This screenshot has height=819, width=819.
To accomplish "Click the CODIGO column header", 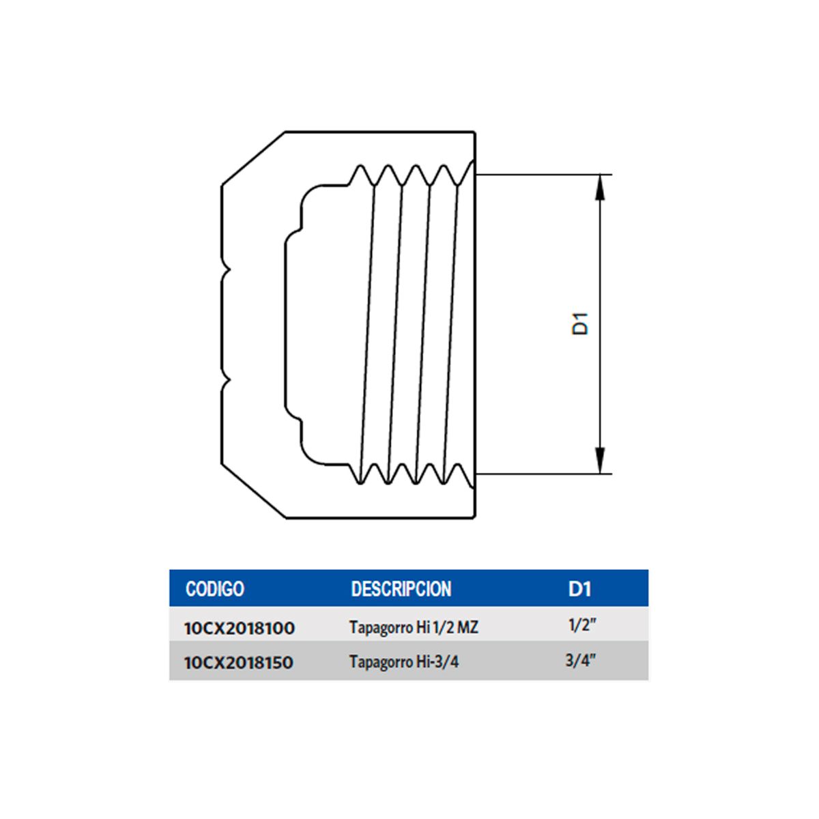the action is click(215, 589).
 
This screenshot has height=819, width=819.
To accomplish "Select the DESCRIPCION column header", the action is click(401, 589).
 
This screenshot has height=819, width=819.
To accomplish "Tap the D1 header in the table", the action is click(579, 589).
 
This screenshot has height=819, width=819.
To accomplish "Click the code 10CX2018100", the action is click(240, 628).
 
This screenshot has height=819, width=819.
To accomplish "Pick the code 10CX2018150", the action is click(239, 663).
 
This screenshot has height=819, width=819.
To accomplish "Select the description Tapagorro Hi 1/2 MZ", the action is click(414, 627).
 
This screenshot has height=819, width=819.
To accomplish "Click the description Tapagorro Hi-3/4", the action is click(404, 662).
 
